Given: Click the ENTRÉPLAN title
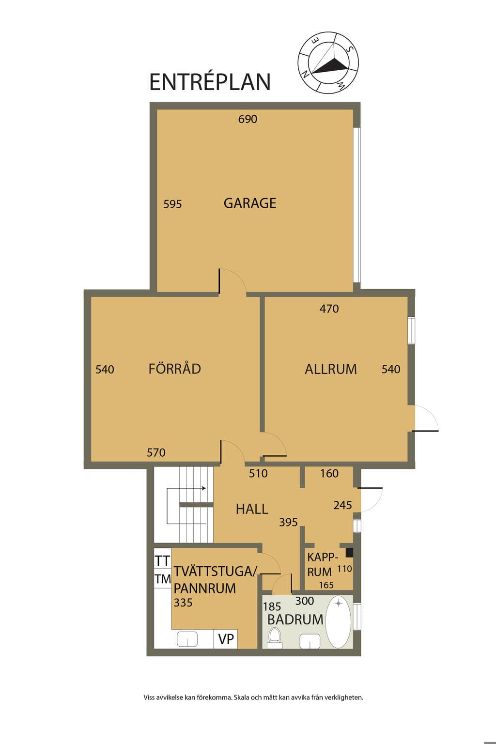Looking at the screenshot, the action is [x=210, y=81].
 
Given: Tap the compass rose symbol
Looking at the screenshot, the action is [x=328, y=63].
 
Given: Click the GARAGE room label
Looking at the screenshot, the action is [x=250, y=203].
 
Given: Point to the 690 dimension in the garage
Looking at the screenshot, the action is [x=248, y=119].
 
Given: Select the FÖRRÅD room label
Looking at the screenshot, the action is [x=175, y=369].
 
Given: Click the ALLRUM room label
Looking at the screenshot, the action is [x=331, y=369].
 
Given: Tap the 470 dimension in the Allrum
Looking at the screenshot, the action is [x=329, y=309].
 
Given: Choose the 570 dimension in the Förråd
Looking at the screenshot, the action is [x=156, y=452].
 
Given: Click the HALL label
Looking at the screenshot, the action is [x=252, y=509].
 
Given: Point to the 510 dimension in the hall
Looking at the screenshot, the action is [x=258, y=473].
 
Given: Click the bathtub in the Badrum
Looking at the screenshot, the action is [x=339, y=622].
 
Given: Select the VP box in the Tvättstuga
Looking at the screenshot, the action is [x=226, y=639].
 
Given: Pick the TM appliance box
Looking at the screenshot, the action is [x=162, y=579].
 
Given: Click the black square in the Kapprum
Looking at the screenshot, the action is [x=349, y=553].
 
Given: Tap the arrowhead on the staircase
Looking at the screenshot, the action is [x=204, y=488].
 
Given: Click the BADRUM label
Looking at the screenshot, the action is [x=295, y=620].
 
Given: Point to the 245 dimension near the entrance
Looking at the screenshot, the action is [x=342, y=505].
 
